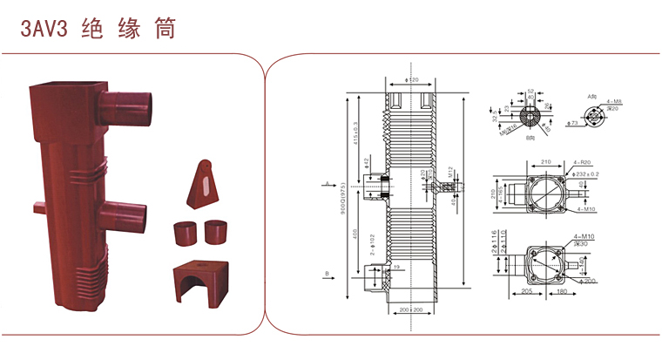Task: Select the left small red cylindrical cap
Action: tap(184, 234)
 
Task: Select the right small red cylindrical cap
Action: tap(216, 233)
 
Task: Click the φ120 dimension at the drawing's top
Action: tap(413, 80)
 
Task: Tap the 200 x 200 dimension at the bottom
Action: tap(411, 309)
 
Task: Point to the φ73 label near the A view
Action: tap(572, 124)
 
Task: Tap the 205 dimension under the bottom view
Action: tap(528, 292)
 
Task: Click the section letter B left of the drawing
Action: tap(327, 275)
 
